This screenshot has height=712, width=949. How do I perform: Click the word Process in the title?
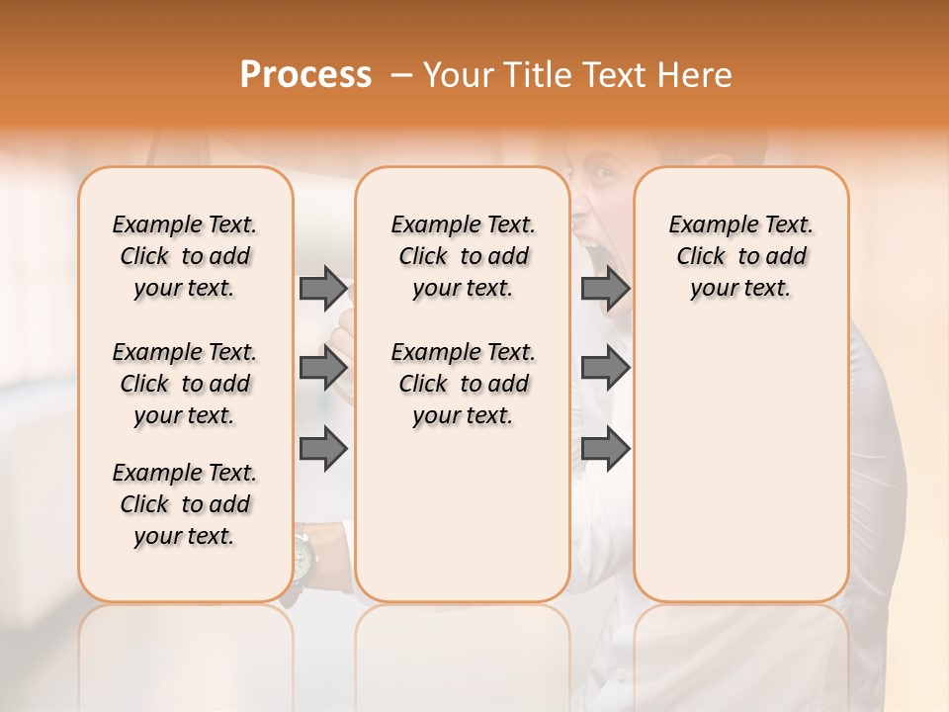305,75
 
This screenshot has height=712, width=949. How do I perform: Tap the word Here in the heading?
697,75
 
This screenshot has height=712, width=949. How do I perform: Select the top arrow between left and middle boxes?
323,288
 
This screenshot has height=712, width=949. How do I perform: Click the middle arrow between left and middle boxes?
323,368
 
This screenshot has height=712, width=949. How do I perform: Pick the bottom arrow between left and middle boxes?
323,448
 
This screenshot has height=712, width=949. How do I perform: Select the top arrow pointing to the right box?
605,288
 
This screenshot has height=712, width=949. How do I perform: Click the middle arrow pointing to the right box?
605,368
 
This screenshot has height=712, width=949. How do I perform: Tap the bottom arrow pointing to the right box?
605,448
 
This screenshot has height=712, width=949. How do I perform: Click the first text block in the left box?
185,256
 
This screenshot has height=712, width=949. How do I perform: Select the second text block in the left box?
185,384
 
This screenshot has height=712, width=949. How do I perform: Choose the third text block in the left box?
185,504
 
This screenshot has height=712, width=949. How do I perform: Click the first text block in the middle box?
463,256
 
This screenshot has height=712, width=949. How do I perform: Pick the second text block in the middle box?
463,384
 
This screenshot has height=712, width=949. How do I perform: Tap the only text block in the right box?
740,256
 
